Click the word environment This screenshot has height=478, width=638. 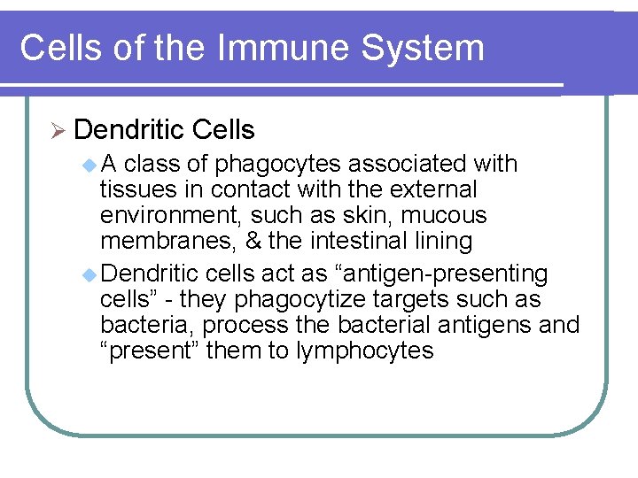pos(169,215)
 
